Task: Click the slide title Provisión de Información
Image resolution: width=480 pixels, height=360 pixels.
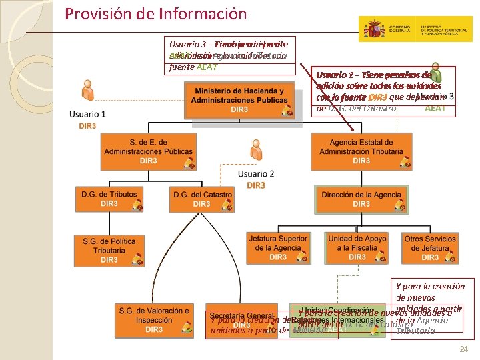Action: (x=156, y=14)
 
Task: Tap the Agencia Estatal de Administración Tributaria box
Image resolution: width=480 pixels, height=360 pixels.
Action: (x=361, y=151)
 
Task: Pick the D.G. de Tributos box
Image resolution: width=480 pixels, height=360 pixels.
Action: (x=109, y=199)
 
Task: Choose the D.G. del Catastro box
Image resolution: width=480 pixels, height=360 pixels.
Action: (x=202, y=199)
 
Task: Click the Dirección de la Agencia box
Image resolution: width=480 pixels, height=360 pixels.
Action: (x=361, y=199)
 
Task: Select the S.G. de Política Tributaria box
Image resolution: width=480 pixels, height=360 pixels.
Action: (x=109, y=250)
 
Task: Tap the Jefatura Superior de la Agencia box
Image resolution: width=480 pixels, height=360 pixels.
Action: (x=278, y=247)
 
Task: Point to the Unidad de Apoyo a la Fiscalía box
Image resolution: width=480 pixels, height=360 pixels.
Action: (x=357, y=247)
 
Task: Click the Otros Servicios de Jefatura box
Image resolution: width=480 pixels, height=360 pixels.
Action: (x=431, y=247)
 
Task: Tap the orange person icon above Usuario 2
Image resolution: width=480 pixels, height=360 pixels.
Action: (x=255, y=153)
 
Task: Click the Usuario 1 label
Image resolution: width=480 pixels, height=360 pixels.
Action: (x=87, y=115)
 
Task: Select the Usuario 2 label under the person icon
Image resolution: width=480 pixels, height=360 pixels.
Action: (x=256, y=174)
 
